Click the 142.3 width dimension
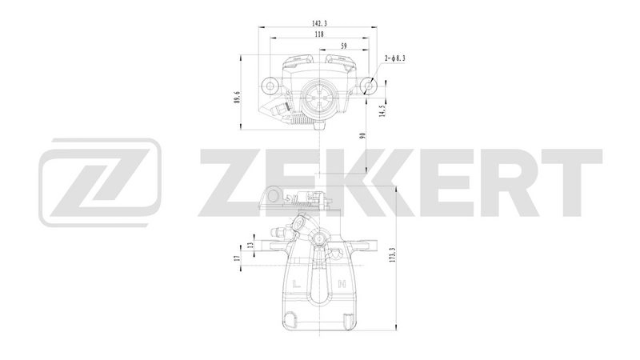(320, 24)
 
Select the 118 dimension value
(320, 35)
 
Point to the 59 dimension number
(344, 46)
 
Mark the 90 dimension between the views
(362, 135)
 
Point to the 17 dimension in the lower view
(238, 258)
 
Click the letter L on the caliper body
(298, 284)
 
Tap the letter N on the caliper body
(342, 284)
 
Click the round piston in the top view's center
(319, 100)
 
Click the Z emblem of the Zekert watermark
(99, 181)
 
